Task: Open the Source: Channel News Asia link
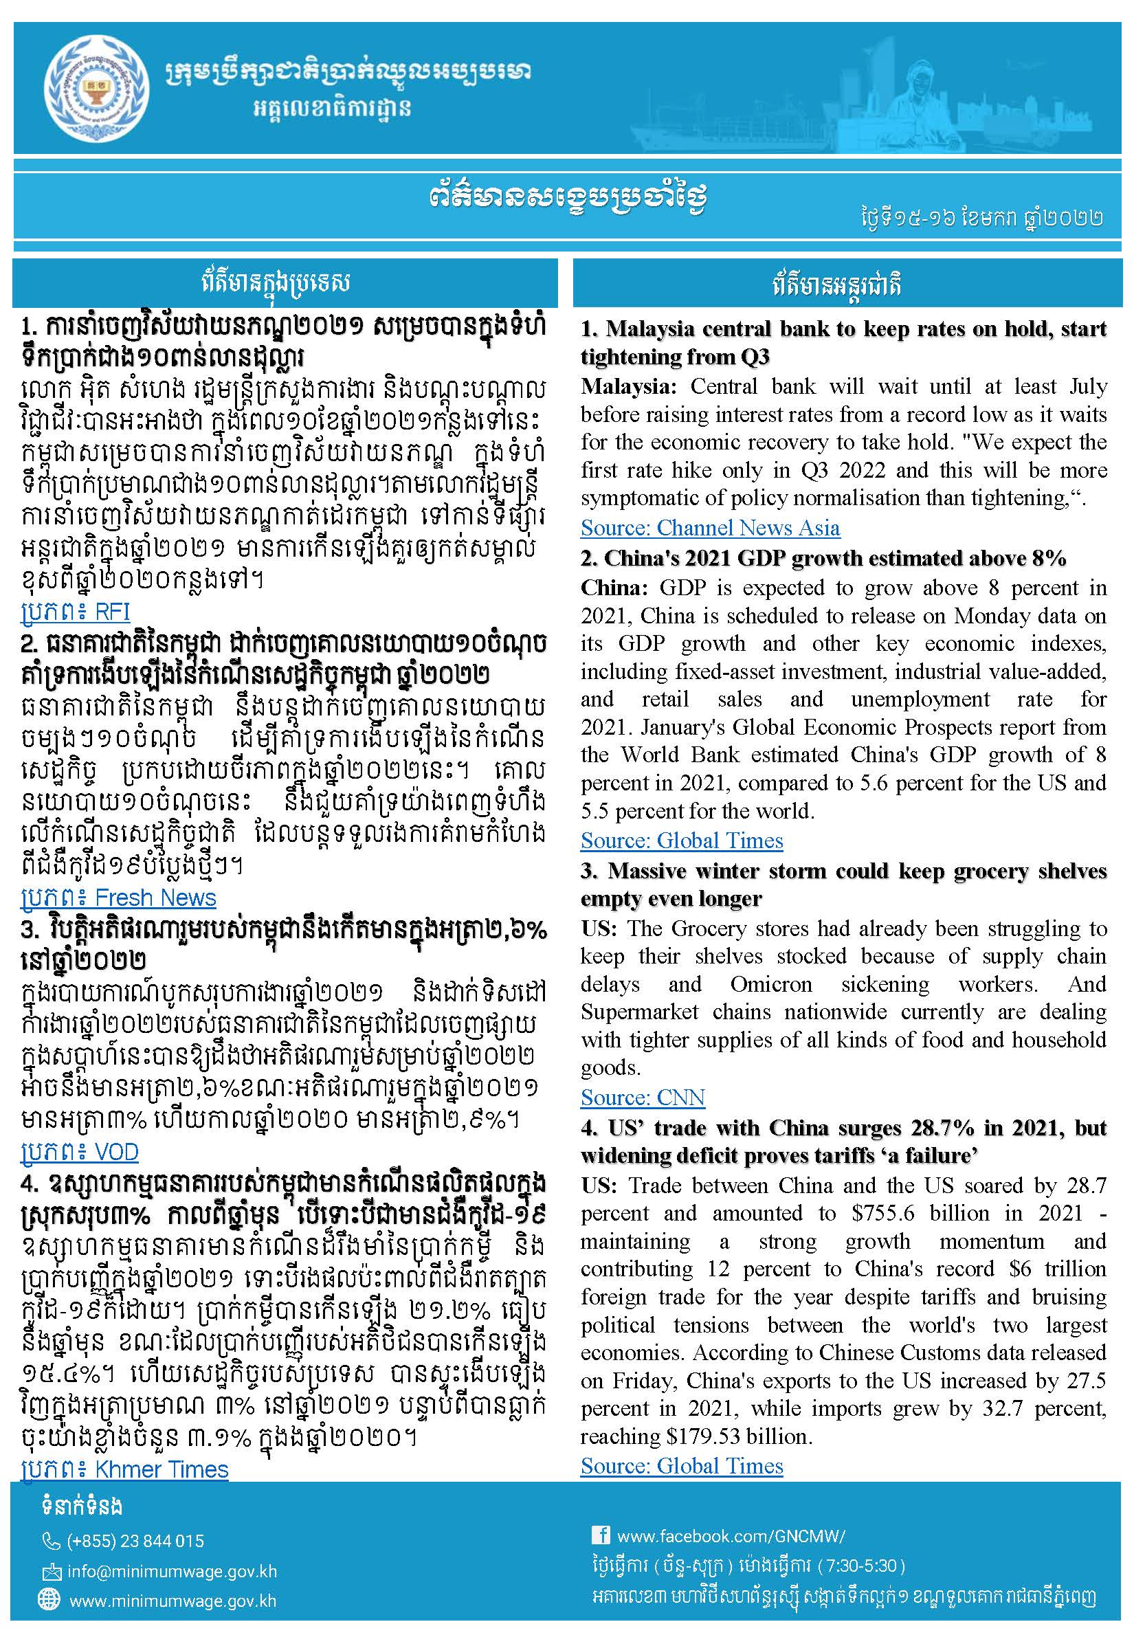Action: (x=710, y=528)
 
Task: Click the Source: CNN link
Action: (x=643, y=1098)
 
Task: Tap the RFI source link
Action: (x=76, y=612)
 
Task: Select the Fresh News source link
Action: (x=118, y=898)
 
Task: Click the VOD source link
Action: (x=80, y=1152)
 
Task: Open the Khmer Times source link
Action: (x=124, y=1469)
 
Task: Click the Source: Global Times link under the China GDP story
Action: (x=681, y=841)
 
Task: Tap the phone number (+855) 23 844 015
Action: (x=135, y=1540)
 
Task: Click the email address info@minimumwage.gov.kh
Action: (x=172, y=1571)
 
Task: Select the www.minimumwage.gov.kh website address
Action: (x=173, y=1601)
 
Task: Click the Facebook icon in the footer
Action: (x=601, y=1535)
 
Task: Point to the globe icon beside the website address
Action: (x=49, y=1599)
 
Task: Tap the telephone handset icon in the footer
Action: (x=51, y=1541)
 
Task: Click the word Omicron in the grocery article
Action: (x=771, y=984)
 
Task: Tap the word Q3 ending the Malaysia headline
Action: (x=755, y=357)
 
